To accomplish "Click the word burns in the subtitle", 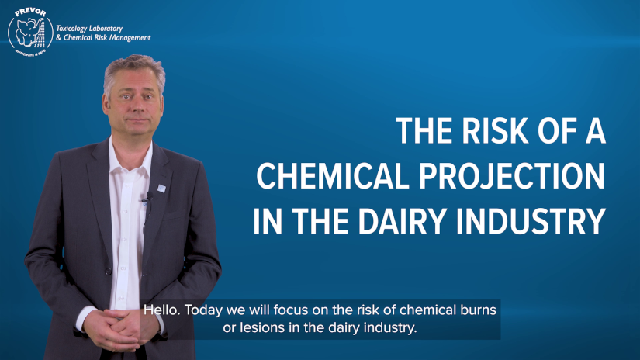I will pos(476,310).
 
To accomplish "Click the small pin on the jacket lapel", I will pos(161,188).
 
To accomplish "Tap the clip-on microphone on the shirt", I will pos(144,199).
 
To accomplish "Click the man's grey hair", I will pos(132,67).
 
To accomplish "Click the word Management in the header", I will pos(129,38).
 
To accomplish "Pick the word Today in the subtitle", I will pos(205,310).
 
